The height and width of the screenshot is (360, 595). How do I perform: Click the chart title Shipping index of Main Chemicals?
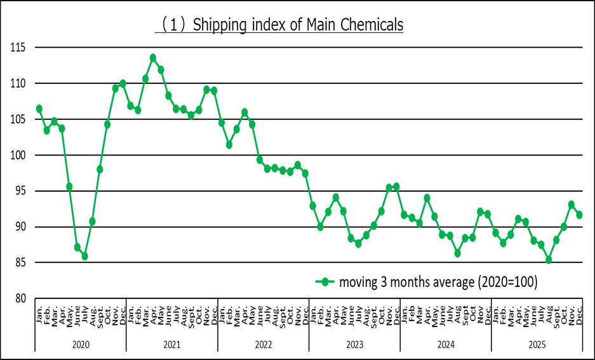[280, 25]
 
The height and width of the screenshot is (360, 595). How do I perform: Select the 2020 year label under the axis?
[81, 343]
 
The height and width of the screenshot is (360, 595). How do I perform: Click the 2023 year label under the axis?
[354, 343]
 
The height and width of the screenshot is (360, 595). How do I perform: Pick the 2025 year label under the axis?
[537, 343]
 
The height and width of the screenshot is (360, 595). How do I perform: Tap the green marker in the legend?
[325, 282]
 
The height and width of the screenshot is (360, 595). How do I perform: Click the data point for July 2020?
[84, 257]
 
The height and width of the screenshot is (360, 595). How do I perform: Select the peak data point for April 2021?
[153, 58]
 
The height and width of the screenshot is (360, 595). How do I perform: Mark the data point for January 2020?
[39, 109]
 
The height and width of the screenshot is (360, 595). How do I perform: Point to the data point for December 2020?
[123, 83]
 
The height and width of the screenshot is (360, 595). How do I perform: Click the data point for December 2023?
[396, 186]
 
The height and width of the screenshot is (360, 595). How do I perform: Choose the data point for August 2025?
[549, 260]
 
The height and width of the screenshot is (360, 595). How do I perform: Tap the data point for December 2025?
[579, 215]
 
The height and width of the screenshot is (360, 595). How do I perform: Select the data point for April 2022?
[244, 112]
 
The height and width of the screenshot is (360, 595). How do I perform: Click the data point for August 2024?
[457, 253]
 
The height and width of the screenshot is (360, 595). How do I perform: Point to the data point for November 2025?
[572, 204]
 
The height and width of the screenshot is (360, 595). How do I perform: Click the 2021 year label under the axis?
[171, 343]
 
